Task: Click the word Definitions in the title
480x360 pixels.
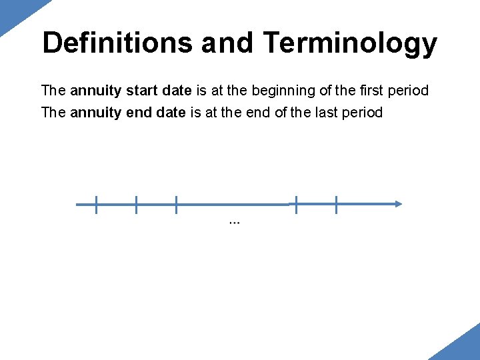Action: tap(117, 43)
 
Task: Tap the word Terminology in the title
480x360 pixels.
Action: tap(350, 43)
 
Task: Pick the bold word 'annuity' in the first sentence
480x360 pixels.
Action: tap(95, 91)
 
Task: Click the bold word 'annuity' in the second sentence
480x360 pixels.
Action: tap(95, 112)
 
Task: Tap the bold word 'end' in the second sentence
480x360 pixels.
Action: tap(137, 112)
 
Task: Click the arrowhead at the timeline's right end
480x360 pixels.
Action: tap(397, 205)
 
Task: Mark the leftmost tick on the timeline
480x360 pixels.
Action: tap(96, 205)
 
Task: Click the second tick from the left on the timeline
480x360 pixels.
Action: tap(136, 205)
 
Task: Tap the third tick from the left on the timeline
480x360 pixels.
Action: tap(176, 205)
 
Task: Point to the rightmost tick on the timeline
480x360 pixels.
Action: tap(336, 205)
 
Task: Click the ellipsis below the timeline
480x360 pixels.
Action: tap(234, 222)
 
